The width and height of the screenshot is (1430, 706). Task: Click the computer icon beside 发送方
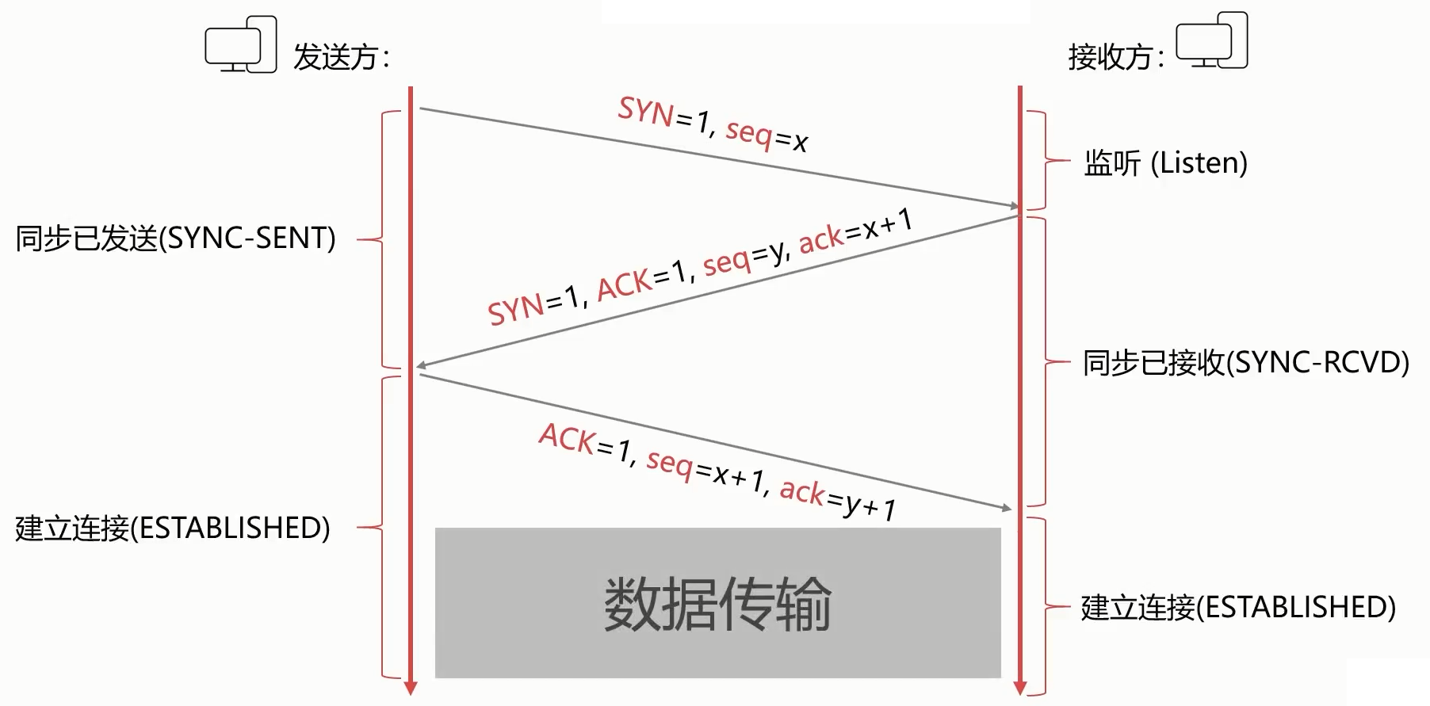coord(241,45)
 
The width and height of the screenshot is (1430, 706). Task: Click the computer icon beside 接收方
coord(1211,40)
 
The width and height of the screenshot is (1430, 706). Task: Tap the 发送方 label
coord(342,57)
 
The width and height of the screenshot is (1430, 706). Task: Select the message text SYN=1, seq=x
coord(713,124)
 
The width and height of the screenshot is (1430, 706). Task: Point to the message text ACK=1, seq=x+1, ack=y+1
coord(717,471)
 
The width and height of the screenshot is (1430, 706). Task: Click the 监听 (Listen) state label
coord(1165,163)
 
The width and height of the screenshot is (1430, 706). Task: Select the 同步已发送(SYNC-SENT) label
coord(175,238)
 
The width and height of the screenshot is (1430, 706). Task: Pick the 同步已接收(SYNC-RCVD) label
coord(1246,362)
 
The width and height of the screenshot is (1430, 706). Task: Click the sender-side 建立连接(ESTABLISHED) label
coord(173,528)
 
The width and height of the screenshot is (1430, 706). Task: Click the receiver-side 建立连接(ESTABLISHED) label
coord(1238,607)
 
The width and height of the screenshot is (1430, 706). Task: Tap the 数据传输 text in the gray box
coord(717,604)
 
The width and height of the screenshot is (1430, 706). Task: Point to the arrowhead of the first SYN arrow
coord(1014,206)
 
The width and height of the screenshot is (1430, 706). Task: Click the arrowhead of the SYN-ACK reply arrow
coord(422,365)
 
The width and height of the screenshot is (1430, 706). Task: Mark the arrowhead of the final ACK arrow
coord(1007,508)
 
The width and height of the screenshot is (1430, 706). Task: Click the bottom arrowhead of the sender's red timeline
coord(411,688)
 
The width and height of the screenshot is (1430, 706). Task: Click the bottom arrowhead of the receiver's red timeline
coord(1020,688)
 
